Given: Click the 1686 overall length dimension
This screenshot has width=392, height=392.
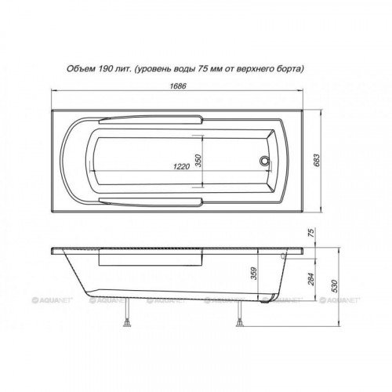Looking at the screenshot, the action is click(178, 86).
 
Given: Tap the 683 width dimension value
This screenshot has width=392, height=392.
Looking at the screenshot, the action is click(317, 161).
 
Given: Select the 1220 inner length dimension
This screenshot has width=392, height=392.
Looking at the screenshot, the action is click(181, 166).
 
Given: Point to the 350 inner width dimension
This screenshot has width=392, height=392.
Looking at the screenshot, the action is click(198, 161).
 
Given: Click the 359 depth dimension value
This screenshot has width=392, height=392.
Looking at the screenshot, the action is click(254, 274).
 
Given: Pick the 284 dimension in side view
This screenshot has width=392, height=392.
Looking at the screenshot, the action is click(311, 279).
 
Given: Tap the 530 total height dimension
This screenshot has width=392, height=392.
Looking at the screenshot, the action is click(335, 286).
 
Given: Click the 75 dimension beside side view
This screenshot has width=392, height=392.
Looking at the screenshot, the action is click(311, 233).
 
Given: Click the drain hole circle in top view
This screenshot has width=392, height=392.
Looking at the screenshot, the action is click(264, 161).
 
